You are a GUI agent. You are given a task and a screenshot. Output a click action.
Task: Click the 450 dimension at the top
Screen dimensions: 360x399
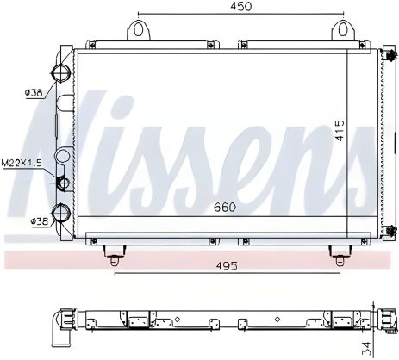click(240, 8)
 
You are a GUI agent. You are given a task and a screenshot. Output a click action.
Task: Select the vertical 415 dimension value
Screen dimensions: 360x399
click(340, 130)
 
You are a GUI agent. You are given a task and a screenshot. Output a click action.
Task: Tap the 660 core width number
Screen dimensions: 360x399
click(223, 207)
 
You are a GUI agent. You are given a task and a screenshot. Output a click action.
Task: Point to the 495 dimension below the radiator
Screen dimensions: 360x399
click(225, 266)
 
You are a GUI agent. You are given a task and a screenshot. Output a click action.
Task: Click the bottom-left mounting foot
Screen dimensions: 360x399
click(112, 250)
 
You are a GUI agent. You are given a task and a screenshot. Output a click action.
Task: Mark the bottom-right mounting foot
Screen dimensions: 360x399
click(338, 250)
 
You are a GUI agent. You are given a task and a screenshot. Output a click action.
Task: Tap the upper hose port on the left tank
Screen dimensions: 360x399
click(62, 71)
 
